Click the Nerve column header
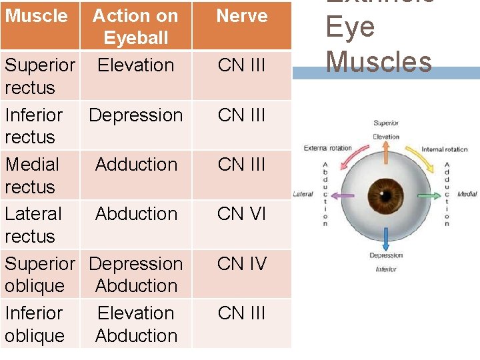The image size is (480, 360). point(241,16)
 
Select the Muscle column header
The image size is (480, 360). point(36,16)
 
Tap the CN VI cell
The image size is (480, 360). point(241,214)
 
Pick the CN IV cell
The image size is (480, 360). point(241,264)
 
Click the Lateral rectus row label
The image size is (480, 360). point(33,225)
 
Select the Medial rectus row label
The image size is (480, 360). point(32,175)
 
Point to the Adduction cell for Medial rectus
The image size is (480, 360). point(136,165)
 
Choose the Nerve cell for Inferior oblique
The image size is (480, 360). point(241,313)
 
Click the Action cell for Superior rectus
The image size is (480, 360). point(136,65)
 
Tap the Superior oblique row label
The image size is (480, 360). point(39,275)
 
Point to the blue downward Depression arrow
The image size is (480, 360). point(385,238)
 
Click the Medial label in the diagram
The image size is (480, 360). point(467,194)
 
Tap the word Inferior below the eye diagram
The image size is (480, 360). point(385,269)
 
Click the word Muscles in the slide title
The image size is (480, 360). point(379,62)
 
